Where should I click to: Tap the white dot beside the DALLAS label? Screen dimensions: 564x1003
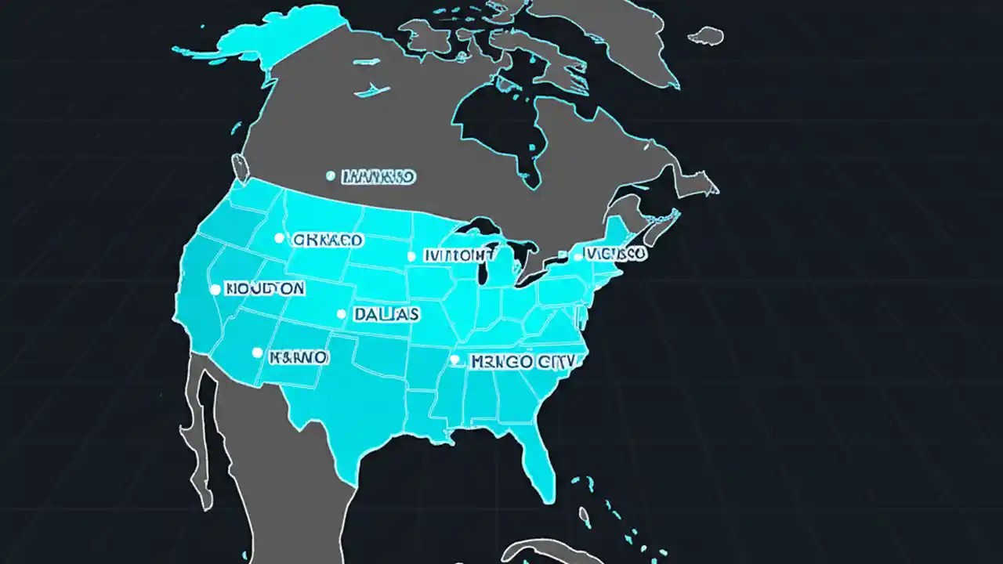tap(341, 314)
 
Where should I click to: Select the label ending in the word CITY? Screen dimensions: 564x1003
tap(522, 361)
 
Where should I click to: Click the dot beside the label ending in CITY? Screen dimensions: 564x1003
tap(454, 360)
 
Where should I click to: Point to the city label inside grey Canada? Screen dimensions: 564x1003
tap(379, 177)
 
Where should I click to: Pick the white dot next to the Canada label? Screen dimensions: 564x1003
tap(331, 176)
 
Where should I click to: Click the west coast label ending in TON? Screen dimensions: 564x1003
tap(265, 288)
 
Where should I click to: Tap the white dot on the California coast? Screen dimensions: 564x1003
tap(215, 289)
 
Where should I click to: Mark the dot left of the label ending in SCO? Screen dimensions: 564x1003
tap(578, 256)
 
